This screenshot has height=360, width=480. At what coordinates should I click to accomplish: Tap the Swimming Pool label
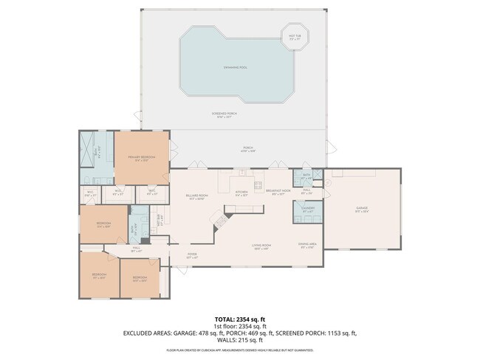(x=236, y=67)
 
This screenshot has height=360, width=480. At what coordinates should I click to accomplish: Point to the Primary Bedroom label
(x=142, y=159)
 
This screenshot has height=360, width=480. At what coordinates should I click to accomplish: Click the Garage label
(x=362, y=211)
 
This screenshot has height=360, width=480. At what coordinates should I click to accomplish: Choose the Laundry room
(x=309, y=210)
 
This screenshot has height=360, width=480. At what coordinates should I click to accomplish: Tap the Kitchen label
(x=241, y=193)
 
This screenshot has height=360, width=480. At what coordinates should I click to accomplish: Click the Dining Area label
(x=308, y=246)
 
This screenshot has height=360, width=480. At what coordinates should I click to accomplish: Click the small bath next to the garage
(x=306, y=178)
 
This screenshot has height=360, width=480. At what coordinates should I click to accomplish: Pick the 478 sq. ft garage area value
(x=213, y=333)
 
